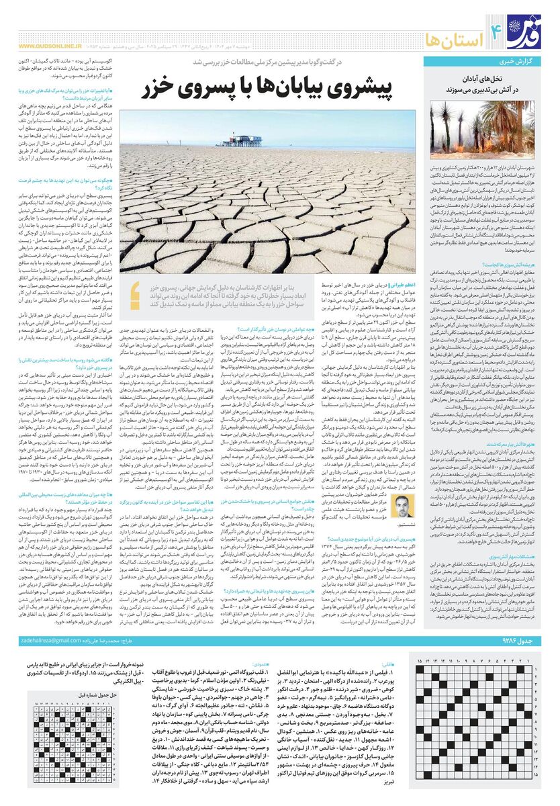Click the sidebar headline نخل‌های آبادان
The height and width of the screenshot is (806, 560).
coord(488,79)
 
